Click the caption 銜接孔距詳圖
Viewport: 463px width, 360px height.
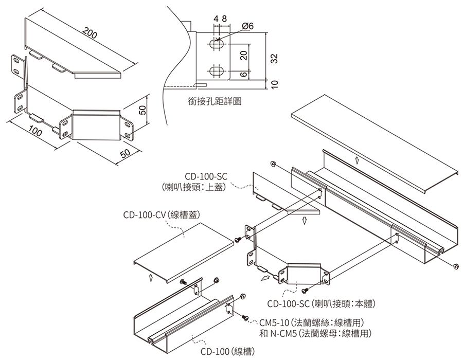tap(215, 101)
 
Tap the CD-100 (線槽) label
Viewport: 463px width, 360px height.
tap(227, 352)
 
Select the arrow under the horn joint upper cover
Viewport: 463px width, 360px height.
tap(305, 221)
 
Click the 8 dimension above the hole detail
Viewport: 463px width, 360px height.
tap(225, 19)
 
